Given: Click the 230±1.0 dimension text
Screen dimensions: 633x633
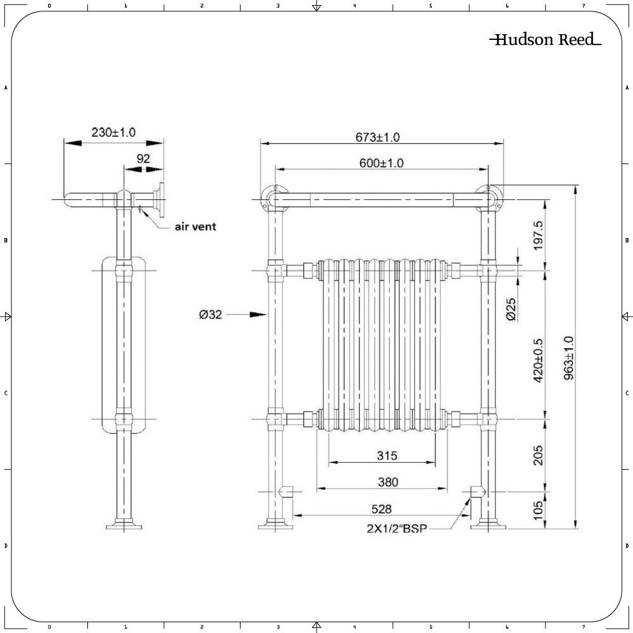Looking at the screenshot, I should coord(113,132).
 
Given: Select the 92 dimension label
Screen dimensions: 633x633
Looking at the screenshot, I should coord(144,159).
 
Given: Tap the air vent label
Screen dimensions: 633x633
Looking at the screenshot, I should coord(195,226).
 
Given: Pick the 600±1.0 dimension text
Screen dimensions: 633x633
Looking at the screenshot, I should coord(382,163).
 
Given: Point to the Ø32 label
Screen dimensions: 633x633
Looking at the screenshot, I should coord(211,315).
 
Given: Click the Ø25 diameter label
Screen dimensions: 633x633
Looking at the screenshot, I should coord(511,309).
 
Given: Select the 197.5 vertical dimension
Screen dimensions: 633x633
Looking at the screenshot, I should coord(538,235).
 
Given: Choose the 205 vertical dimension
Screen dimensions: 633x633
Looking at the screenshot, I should coord(538,454).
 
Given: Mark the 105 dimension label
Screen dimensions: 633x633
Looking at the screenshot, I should coord(538,510).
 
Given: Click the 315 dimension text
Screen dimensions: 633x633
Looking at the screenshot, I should coord(386,455).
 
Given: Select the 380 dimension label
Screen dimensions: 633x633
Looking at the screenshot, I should coord(388,482).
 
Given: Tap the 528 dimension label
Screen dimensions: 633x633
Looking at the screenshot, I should coord(381,508).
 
